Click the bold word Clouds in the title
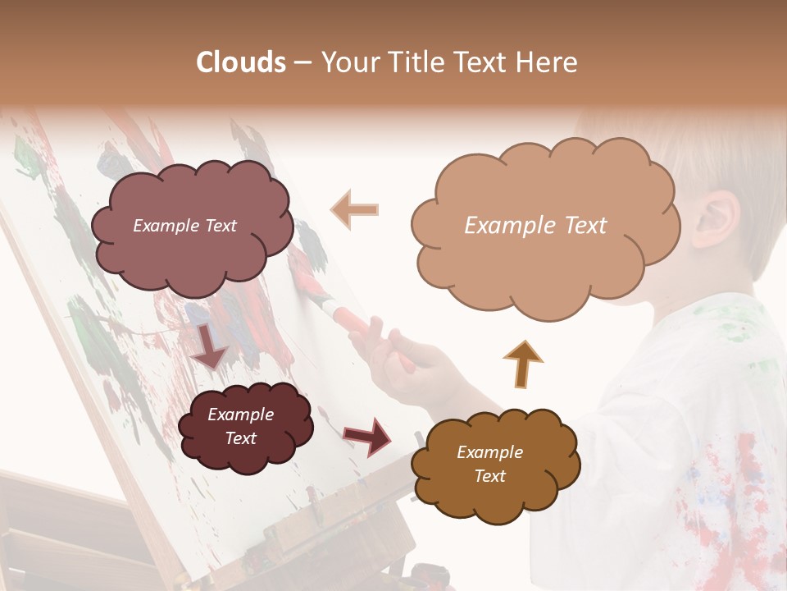click(x=241, y=62)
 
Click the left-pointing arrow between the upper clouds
click(x=354, y=209)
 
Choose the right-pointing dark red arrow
click(x=369, y=436)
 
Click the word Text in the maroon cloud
click(x=241, y=438)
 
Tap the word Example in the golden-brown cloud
click(x=489, y=452)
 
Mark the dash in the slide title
click(x=302, y=63)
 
